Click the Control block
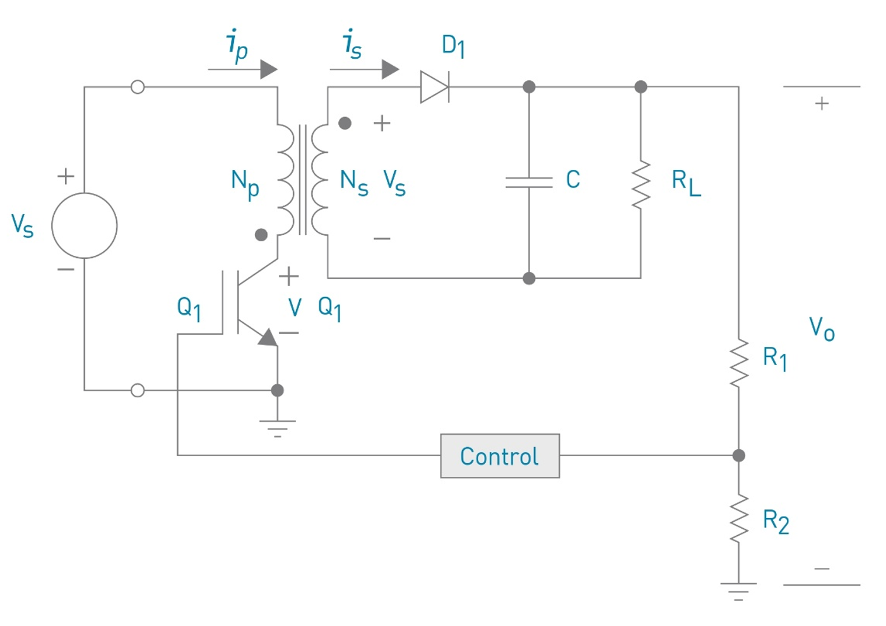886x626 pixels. pyautogui.click(x=499, y=455)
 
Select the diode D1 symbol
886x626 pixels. pyautogui.click(x=434, y=87)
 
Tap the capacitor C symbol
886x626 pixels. pyautogui.click(x=529, y=182)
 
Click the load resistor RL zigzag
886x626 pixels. pyautogui.click(x=641, y=183)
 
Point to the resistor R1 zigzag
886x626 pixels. pyautogui.click(x=738, y=363)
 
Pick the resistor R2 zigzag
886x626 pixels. pyautogui.click(x=738, y=519)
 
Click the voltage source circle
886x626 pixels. pyautogui.click(x=84, y=226)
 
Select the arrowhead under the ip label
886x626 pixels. pyautogui.click(x=268, y=69)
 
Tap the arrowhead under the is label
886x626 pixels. pyautogui.click(x=390, y=69)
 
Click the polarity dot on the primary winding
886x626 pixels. pyautogui.click(x=261, y=235)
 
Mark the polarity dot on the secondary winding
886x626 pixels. pyautogui.click(x=345, y=123)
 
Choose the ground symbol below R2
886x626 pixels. pyautogui.click(x=738, y=591)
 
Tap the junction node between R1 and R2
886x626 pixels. pyautogui.click(x=738, y=455)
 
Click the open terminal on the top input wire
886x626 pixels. pyautogui.click(x=138, y=87)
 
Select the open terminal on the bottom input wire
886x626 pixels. pyautogui.click(x=138, y=390)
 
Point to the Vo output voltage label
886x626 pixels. pyautogui.click(x=822, y=329)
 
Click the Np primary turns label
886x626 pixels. pyautogui.click(x=245, y=184)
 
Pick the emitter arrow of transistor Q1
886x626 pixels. pyautogui.click(x=268, y=338)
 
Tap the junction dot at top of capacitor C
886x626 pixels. pyautogui.click(x=529, y=87)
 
